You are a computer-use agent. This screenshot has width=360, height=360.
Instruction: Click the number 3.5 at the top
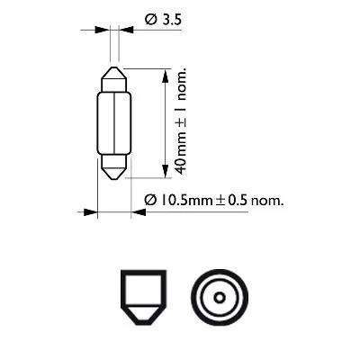(x=163, y=14)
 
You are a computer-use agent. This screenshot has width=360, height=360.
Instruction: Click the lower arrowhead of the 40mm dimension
(x=163, y=171)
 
